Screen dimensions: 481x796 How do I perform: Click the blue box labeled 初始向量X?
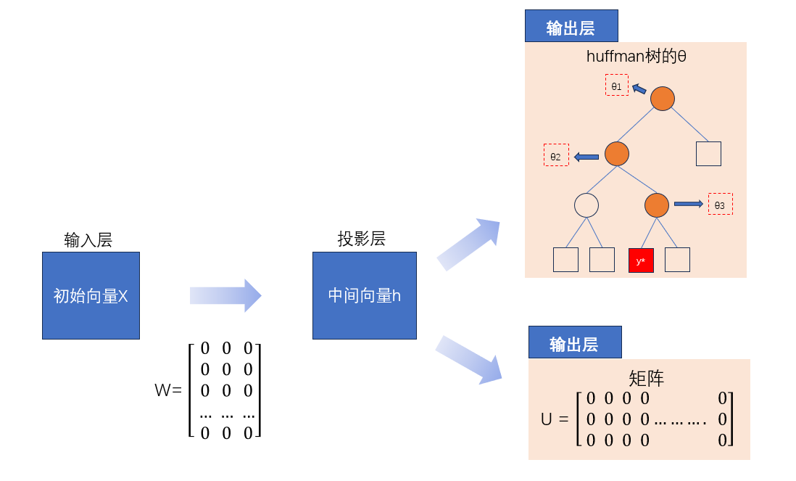pyautogui.click(x=91, y=295)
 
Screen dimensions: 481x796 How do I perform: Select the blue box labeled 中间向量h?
pyautogui.click(x=364, y=295)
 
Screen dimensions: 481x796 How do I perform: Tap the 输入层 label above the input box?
pyautogui.click(x=88, y=240)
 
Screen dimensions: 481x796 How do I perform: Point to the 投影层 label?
pyautogui.click(x=361, y=239)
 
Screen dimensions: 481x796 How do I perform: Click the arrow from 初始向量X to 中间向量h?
pyautogui.click(x=225, y=295)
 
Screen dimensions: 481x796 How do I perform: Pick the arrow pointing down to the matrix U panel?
pyautogui.click(x=469, y=359)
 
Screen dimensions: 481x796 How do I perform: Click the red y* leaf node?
pyautogui.click(x=641, y=260)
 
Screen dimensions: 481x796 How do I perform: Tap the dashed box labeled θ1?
pyautogui.click(x=617, y=85)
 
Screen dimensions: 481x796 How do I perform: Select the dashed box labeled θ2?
pyautogui.click(x=556, y=155)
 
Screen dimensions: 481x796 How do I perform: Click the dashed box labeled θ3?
pyautogui.click(x=720, y=204)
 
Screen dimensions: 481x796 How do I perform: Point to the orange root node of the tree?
pyautogui.click(x=663, y=99)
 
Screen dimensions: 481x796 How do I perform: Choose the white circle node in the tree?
pyautogui.click(x=586, y=205)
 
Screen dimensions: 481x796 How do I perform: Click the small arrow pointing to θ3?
pyautogui.click(x=689, y=204)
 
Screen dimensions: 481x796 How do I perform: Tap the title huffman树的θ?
pyautogui.click(x=636, y=57)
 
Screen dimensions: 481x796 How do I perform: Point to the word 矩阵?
pyautogui.click(x=646, y=378)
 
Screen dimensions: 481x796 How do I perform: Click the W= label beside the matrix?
pyautogui.click(x=168, y=390)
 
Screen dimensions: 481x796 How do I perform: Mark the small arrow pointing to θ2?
pyautogui.click(x=586, y=156)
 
